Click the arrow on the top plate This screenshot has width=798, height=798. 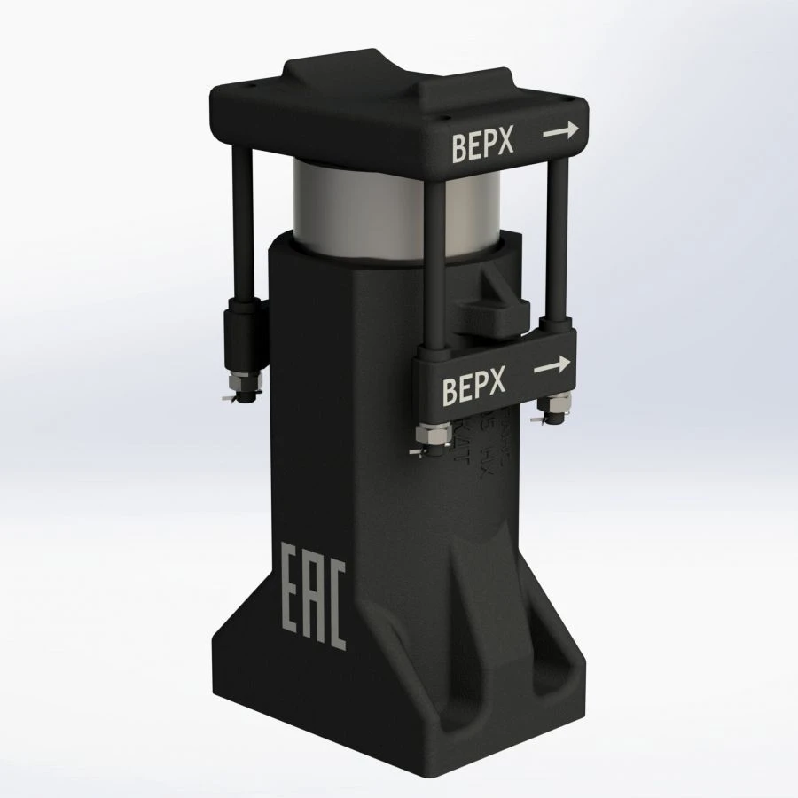[560, 131]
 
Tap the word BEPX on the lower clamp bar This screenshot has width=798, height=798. [473, 387]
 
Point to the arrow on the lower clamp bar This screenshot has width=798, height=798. [552, 364]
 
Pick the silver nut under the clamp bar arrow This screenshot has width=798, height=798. [558, 407]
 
